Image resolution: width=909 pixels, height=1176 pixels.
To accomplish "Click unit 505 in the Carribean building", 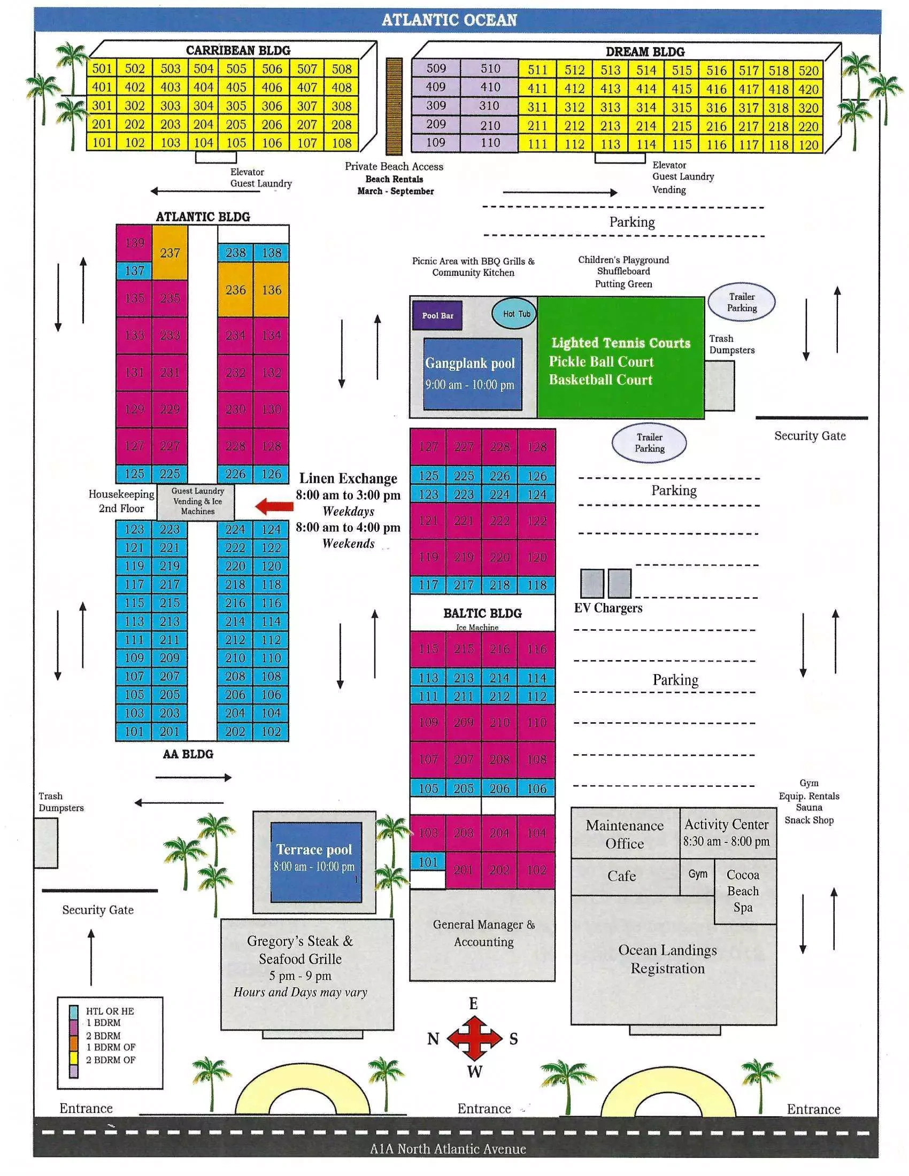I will (x=236, y=69).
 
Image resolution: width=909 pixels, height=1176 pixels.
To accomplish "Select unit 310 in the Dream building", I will (x=489, y=106).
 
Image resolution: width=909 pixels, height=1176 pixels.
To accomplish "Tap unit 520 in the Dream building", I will (x=808, y=71).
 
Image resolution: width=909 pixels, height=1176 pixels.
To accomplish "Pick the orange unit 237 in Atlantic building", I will (x=170, y=252).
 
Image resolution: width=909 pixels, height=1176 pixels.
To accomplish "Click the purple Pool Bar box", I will (x=437, y=315).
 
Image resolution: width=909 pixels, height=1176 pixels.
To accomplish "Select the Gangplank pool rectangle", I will (x=472, y=374).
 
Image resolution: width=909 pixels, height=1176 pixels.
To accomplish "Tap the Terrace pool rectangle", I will (x=315, y=862).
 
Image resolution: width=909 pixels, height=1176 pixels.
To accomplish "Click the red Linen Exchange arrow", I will (x=274, y=506).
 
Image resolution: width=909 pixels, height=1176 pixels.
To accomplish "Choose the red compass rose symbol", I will (x=474, y=1038).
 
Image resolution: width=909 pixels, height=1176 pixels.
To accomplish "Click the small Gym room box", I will (x=697, y=874).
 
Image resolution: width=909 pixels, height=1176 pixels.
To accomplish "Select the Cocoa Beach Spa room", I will (x=744, y=891).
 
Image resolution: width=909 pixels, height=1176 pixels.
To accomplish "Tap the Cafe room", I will (x=622, y=876).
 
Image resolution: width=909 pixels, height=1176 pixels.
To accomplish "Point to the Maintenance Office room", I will (x=625, y=834).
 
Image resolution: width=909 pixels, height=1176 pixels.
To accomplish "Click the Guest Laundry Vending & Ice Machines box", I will (x=198, y=501).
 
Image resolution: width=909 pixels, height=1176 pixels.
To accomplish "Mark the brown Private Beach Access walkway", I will (x=394, y=106).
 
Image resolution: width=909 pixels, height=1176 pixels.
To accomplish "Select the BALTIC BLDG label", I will (x=482, y=613).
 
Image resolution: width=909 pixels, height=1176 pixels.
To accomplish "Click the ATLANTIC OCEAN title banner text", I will (x=449, y=20).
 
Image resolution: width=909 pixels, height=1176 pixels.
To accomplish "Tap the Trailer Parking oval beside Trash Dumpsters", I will (x=742, y=303).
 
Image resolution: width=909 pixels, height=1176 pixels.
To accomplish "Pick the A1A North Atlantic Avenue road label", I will (x=448, y=1149).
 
